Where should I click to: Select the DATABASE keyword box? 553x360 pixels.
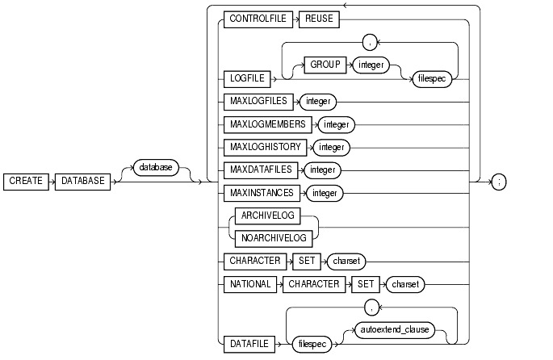pos(84,182)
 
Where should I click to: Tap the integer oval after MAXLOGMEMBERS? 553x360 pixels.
pos(337,125)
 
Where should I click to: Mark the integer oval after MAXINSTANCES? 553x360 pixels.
pos(326,194)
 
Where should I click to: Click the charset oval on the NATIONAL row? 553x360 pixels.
pos(404,283)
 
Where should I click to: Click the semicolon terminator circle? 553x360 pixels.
pos(501,182)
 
